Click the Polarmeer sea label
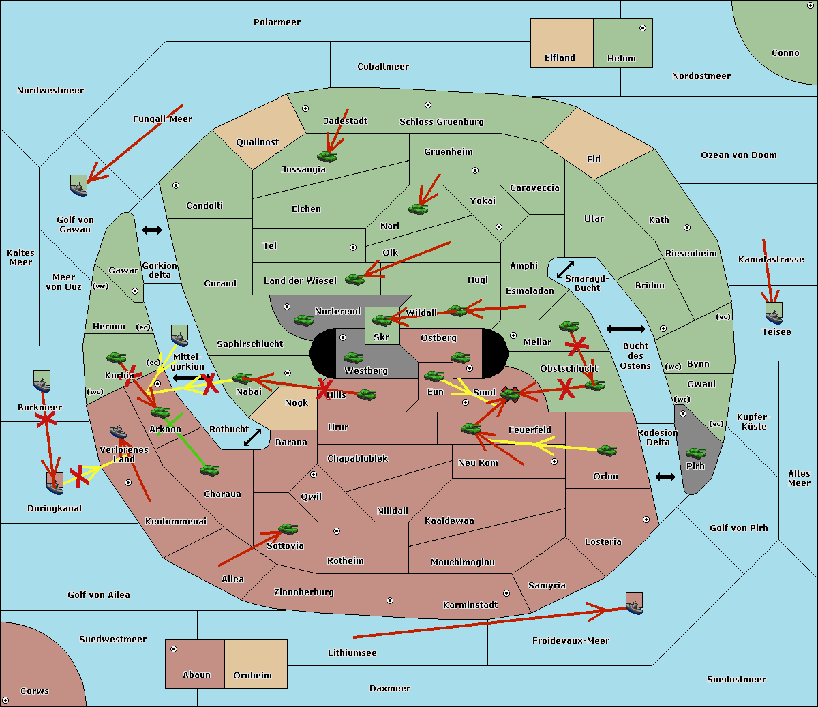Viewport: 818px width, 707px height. [277, 22]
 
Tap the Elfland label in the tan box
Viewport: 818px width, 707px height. [560, 58]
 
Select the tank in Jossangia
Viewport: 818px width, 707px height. [327, 157]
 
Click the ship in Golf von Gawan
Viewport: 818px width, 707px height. [79, 185]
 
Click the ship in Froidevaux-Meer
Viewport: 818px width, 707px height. [634, 603]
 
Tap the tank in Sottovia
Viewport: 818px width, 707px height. [288, 529]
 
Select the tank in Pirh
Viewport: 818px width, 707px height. [695, 453]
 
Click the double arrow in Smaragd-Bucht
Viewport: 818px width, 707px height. [565, 269]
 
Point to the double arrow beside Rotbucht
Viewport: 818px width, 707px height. [252, 437]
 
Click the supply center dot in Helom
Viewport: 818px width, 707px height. [642, 28]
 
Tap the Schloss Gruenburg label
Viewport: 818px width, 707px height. [441, 122]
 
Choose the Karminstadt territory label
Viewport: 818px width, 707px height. [470, 605]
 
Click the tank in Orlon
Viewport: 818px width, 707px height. [607, 450]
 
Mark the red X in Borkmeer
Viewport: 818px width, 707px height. [45, 420]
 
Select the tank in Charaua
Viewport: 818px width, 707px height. [209, 470]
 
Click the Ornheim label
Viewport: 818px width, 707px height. [252, 676]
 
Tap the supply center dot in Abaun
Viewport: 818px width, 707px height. [174, 649]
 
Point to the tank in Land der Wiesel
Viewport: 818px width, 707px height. [354, 279]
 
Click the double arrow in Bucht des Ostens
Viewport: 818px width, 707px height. [625, 329]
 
